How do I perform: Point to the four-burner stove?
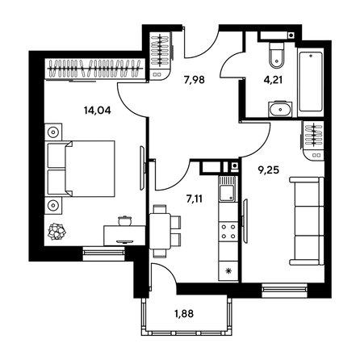pos(229,234)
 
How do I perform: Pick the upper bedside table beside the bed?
pos(54,132)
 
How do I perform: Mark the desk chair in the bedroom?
pos(125,219)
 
